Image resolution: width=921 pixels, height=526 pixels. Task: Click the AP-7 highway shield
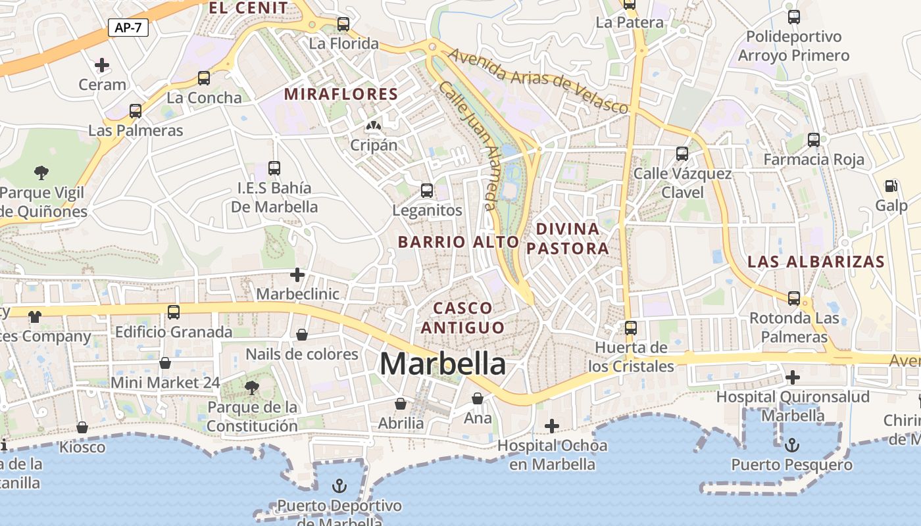[x=128, y=28]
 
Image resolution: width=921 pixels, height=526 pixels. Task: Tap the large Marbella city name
[x=443, y=364]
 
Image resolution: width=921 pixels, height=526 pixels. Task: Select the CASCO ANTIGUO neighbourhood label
[x=463, y=318]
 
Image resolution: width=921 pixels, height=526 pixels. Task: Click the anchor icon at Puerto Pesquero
[x=793, y=446]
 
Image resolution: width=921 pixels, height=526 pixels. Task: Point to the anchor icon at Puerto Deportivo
[x=339, y=487]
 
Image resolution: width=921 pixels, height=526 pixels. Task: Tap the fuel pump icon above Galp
[x=891, y=187]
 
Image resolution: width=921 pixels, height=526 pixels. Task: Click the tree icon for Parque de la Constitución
[x=252, y=387]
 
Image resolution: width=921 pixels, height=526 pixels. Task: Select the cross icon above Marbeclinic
[x=297, y=274]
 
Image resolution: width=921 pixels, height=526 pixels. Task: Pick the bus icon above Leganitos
[x=427, y=191]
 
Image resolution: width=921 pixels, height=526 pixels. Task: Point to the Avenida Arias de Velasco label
[x=539, y=80]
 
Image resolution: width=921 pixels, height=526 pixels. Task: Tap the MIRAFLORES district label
[x=341, y=94]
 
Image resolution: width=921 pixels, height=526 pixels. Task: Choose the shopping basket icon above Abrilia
[x=401, y=404]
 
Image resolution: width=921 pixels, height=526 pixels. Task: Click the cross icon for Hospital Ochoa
[x=552, y=426]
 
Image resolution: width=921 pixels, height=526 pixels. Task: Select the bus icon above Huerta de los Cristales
[x=631, y=327]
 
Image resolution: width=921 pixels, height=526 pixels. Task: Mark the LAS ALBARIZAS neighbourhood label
[x=816, y=262]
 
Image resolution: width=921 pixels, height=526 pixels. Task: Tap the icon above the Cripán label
[x=374, y=125]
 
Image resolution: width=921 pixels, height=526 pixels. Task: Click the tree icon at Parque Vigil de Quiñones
[x=41, y=173]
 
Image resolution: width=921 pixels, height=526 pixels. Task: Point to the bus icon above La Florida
[x=343, y=24]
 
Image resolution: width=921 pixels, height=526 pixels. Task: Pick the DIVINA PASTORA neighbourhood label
[x=572, y=239]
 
